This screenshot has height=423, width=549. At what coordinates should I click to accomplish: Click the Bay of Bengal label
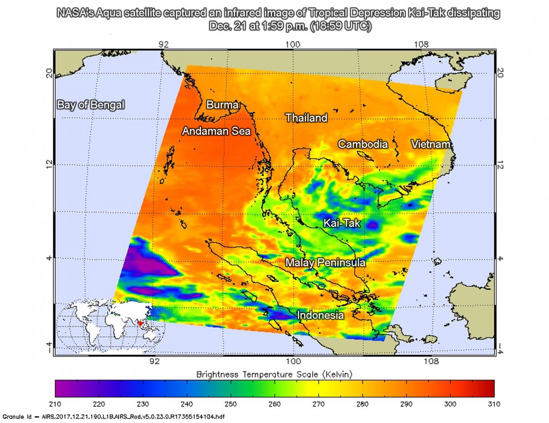pyautogui.click(x=91, y=105)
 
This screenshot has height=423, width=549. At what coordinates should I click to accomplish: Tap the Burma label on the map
pyautogui.click(x=222, y=105)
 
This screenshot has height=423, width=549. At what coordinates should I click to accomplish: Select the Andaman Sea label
pyautogui.click(x=216, y=131)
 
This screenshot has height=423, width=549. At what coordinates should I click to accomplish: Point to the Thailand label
pyautogui.click(x=306, y=118)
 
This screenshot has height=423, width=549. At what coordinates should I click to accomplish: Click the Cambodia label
pyautogui.click(x=363, y=144)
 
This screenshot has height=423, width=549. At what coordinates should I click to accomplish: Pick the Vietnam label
pyautogui.click(x=430, y=144)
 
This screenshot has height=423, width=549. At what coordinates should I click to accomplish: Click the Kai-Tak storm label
pyautogui.click(x=342, y=223)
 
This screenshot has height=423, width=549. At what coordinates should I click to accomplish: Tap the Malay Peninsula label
pyautogui.click(x=325, y=263)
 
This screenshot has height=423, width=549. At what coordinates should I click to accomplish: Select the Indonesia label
pyautogui.click(x=320, y=315)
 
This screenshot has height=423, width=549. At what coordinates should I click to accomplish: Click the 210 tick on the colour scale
pyautogui.click(x=55, y=404)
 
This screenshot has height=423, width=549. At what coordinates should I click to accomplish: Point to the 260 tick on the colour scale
pyautogui.click(x=274, y=404)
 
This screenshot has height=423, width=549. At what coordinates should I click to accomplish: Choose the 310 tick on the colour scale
pyautogui.click(x=494, y=404)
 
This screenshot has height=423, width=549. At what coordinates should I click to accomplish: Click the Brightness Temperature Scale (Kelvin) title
pyautogui.click(x=274, y=374)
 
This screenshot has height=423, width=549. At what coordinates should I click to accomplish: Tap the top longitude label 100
pyautogui.click(x=293, y=44)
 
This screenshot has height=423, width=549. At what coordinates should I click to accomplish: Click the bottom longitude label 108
pyautogui.click(x=431, y=361)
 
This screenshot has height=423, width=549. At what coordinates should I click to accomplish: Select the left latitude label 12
pyautogui.click(x=49, y=164)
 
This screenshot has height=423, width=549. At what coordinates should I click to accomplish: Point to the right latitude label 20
pyautogui.click(x=501, y=73)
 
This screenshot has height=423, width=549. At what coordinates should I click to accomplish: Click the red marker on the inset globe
pyautogui.click(x=142, y=324)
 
